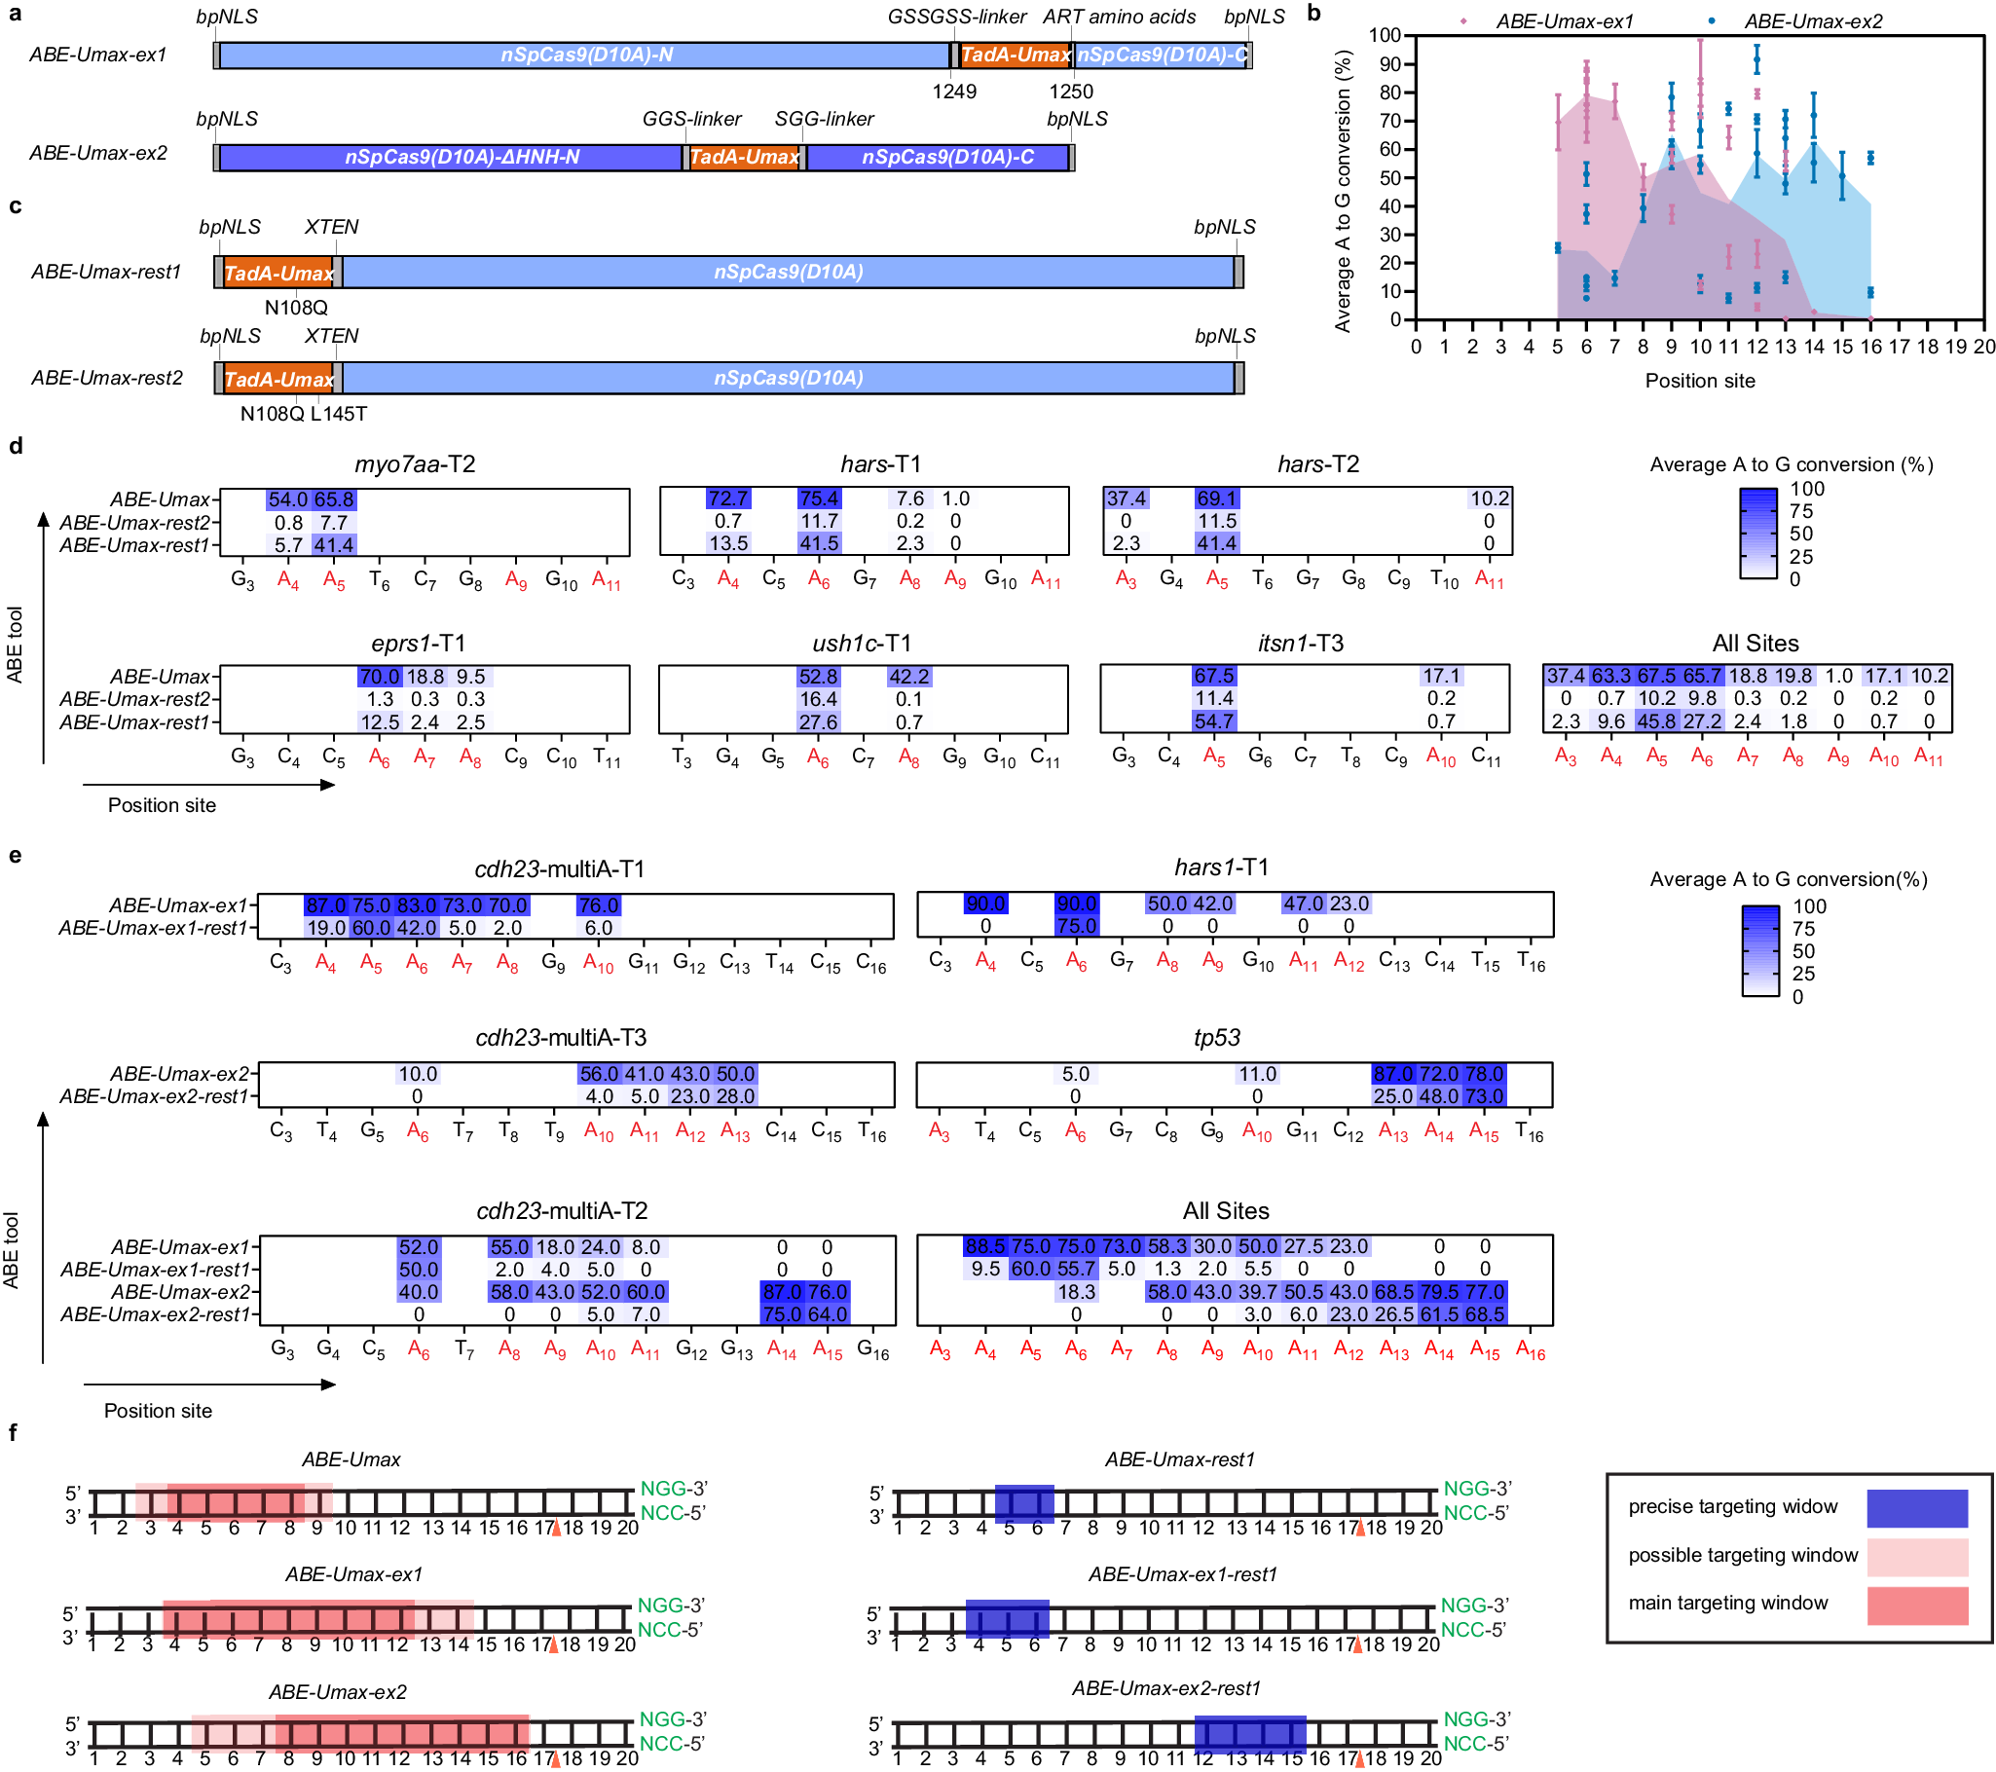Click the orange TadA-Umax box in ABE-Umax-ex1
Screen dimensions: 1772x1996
coord(1015,55)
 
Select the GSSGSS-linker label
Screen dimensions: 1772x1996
coord(956,17)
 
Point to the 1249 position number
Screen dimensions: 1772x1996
coord(953,92)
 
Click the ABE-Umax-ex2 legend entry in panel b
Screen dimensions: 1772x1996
coord(1811,21)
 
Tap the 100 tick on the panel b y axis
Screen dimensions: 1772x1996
coord(1384,36)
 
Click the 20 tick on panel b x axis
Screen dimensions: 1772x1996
coord(1982,347)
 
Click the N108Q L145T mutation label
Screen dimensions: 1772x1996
coord(304,414)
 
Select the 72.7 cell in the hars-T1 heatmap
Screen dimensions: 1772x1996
coord(728,498)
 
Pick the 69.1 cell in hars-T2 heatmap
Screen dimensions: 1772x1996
coord(1216,498)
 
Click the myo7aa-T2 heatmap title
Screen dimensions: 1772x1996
coord(415,463)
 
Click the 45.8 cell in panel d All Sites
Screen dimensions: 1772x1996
coord(1656,721)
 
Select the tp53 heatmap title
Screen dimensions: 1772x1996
coord(1216,1038)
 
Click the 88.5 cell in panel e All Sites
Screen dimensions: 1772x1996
coord(984,1247)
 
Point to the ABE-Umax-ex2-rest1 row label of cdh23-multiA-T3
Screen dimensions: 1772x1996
coord(154,1096)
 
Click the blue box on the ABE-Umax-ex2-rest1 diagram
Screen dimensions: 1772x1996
coord(1249,1735)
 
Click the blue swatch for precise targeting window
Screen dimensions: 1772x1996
coord(1916,1508)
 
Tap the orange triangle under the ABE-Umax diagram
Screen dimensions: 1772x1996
coord(556,1529)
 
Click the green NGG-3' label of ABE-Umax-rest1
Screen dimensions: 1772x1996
coord(1476,1489)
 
